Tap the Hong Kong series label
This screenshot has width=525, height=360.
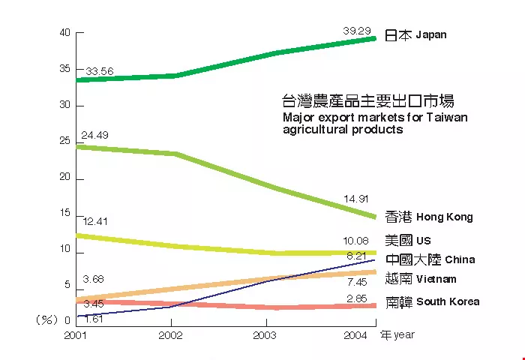click(428, 217)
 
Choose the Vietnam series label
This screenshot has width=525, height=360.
click(420, 279)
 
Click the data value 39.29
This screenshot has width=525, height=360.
click(357, 31)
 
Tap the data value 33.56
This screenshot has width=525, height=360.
click(99, 72)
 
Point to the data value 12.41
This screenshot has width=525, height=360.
click(96, 221)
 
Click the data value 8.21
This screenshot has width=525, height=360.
click(357, 256)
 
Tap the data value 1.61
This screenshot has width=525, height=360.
click(94, 319)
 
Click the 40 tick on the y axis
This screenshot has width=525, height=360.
click(64, 33)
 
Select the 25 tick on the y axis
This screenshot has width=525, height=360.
click(64, 141)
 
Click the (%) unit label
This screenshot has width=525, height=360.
click(46, 319)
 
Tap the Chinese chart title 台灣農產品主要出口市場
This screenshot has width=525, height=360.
click(367, 100)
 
